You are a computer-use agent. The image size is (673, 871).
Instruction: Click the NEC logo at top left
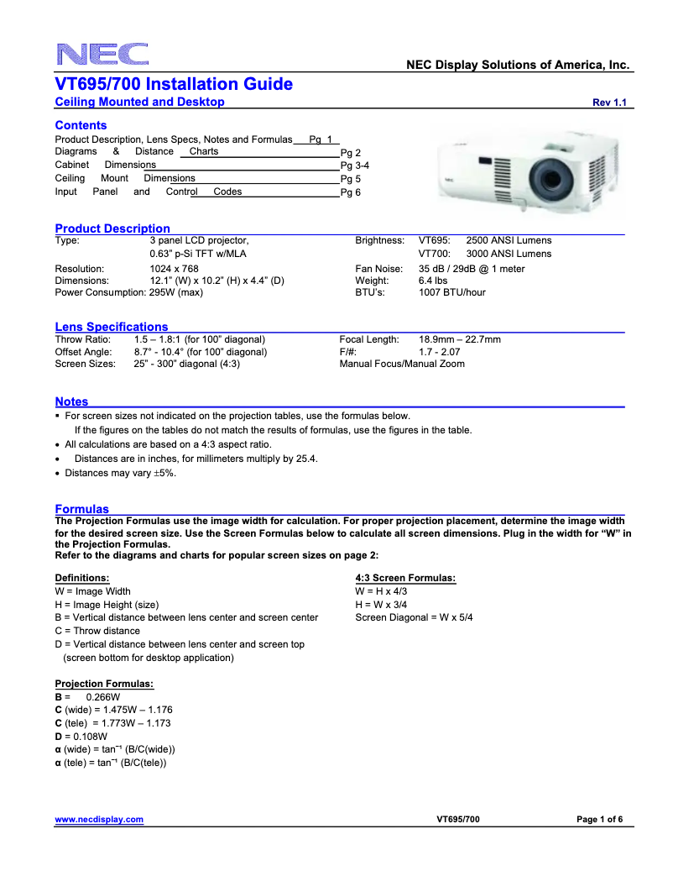102,55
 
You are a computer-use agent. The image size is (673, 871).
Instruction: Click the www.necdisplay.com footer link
99,819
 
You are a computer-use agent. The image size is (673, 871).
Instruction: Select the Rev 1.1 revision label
610,102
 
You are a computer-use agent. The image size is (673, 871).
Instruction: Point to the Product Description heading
112,228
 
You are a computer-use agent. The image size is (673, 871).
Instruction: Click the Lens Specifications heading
112,327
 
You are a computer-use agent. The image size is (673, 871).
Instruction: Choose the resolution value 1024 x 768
174,269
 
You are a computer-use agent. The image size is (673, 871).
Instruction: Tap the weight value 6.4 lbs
433,281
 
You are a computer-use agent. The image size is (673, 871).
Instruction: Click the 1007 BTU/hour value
451,292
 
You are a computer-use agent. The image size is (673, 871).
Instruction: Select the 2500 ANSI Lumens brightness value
509,240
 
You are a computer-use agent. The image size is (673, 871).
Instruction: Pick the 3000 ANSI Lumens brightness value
509,254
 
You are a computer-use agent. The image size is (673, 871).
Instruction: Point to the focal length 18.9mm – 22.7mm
459,339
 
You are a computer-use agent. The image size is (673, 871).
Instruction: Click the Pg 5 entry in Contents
350,179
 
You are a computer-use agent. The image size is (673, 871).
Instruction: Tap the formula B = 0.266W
87,697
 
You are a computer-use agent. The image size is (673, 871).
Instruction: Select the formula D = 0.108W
81,736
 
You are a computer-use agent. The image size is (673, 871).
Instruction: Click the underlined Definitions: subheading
81,578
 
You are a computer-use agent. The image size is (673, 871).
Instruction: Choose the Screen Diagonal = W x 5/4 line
414,617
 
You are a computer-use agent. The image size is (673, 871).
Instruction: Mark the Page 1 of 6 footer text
599,819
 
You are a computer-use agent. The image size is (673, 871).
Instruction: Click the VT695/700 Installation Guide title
174,84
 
